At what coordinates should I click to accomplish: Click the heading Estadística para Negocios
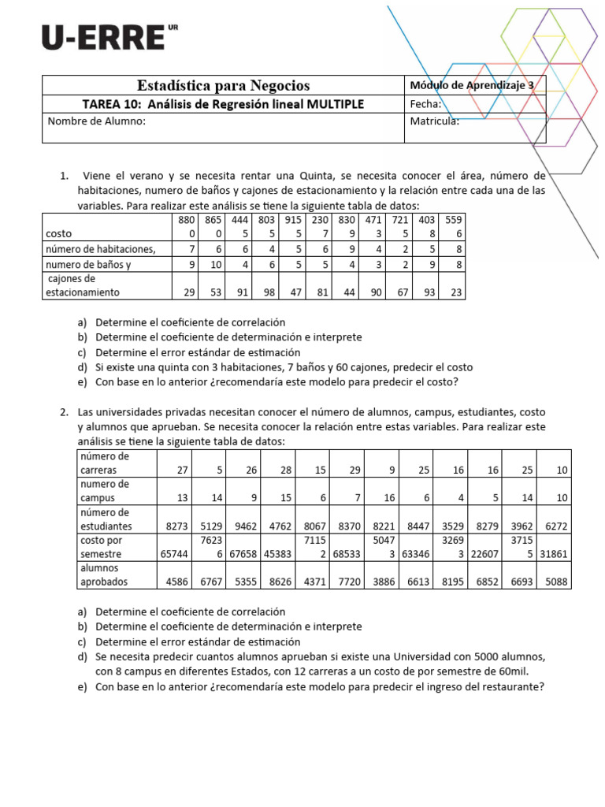click(x=224, y=85)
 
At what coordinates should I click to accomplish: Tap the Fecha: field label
click(x=425, y=104)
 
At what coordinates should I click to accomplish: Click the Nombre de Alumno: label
click(x=97, y=121)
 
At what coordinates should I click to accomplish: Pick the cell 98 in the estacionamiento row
click(x=270, y=292)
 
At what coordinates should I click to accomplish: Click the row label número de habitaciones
click(x=100, y=249)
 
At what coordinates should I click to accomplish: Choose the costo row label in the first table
click(x=58, y=234)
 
